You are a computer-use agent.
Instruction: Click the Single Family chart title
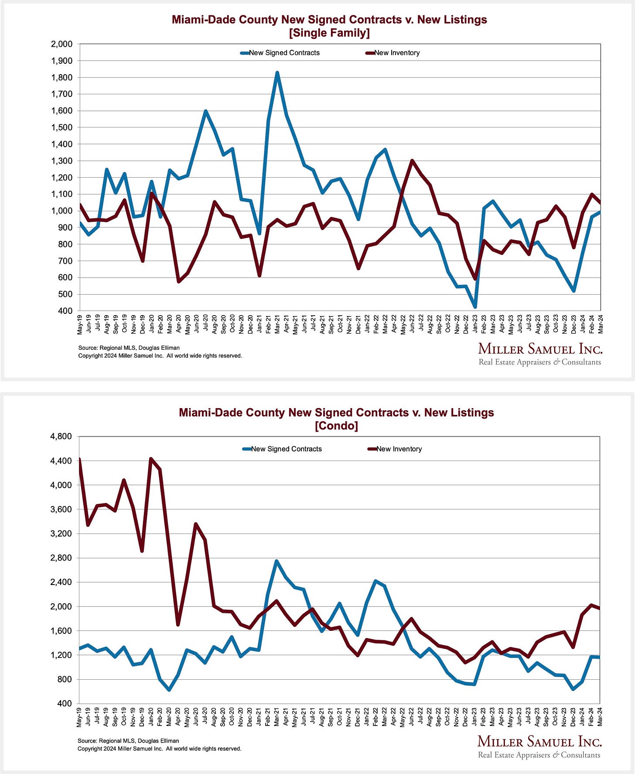pyautogui.click(x=329, y=26)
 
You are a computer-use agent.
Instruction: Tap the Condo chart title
pyautogui.click(x=336, y=419)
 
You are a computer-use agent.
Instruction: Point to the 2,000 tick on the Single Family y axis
pyautogui.click(x=61, y=44)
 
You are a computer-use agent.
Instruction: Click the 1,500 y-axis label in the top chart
pyautogui.click(x=61, y=127)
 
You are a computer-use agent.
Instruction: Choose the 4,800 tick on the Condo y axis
pyautogui.click(x=61, y=436)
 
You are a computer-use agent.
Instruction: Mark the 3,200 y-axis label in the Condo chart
pyautogui.click(x=61, y=533)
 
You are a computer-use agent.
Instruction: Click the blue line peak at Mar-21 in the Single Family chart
pyautogui.click(x=277, y=73)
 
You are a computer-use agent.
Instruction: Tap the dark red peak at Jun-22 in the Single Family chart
pyautogui.click(x=412, y=161)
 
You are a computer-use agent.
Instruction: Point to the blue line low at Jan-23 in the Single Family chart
pyautogui.click(x=475, y=307)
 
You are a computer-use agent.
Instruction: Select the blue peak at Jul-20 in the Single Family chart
pyautogui.click(x=205, y=111)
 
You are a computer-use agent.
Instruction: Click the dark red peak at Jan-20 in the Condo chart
pyautogui.click(x=151, y=459)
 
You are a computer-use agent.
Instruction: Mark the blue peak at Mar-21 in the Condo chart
pyautogui.click(x=277, y=561)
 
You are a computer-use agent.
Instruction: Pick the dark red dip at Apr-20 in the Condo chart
pyautogui.click(x=178, y=624)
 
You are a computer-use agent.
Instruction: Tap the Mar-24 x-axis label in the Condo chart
pyautogui.click(x=601, y=718)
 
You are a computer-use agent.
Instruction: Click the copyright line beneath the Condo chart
pyautogui.click(x=159, y=749)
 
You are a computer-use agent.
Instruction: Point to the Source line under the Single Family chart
pyautogui.click(x=129, y=348)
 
